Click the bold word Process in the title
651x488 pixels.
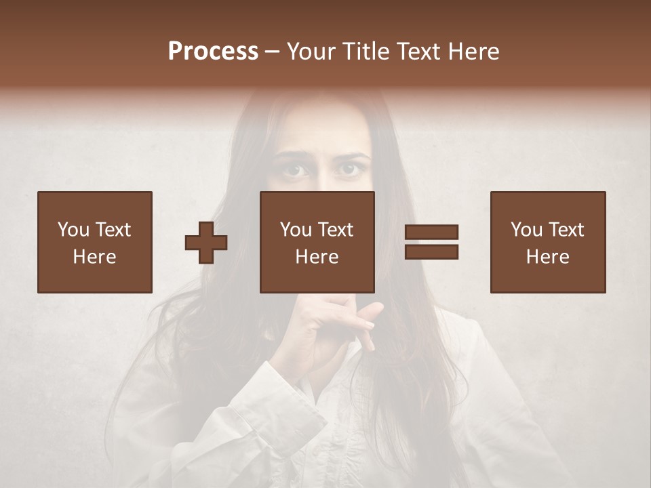click(213, 52)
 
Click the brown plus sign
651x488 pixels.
click(206, 242)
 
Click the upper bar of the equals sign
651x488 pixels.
click(431, 232)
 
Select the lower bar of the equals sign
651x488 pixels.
click(431, 252)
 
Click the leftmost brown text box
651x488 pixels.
click(95, 242)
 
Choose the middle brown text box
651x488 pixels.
click(317, 242)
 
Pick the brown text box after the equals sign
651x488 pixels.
click(548, 242)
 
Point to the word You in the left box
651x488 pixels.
click(73, 230)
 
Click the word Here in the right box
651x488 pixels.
click(547, 257)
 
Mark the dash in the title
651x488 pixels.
click(273, 52)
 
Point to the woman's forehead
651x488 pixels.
click(319, 132)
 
